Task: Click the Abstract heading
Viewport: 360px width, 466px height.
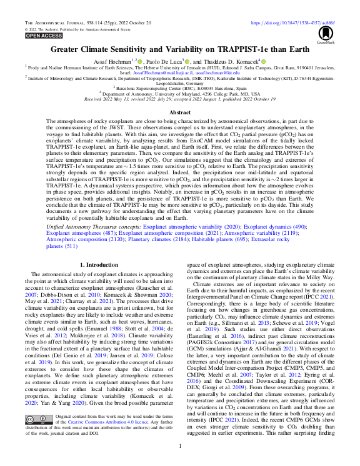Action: click(x=180, y=112)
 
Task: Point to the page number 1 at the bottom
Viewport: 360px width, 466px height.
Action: click(x=180, y=446)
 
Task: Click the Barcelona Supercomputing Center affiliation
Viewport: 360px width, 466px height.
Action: click(x=180, y=89)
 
